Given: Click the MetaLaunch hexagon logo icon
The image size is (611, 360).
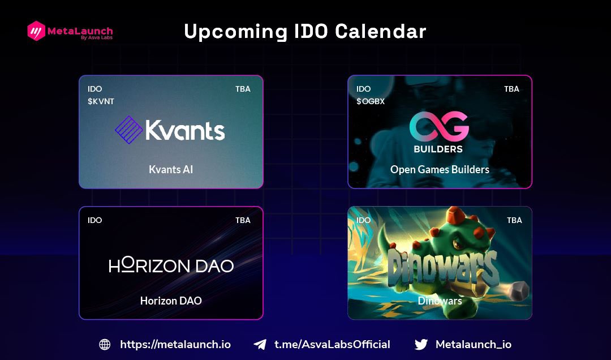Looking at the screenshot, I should point(36,31).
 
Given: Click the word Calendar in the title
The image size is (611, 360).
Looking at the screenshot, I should point(381,32).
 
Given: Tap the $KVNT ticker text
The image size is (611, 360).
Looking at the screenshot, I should point(101,101).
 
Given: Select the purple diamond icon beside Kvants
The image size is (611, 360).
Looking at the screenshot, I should point(128,130).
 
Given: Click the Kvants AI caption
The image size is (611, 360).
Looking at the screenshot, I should point(171,169).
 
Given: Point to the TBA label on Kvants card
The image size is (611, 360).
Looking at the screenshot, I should point(243,89).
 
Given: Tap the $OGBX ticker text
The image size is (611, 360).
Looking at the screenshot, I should point(371,101).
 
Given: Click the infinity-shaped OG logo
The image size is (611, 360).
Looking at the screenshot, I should point(439,126).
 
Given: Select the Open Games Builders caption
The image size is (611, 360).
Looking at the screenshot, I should point(440,169).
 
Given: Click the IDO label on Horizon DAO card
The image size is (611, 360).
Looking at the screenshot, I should point(95,220).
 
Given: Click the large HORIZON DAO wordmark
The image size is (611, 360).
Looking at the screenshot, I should point(171,265).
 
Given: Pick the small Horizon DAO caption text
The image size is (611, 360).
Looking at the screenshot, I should point(171,301).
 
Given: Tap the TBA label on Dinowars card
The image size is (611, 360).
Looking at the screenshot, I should point(514,220).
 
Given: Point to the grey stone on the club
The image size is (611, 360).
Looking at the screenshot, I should point(517,291).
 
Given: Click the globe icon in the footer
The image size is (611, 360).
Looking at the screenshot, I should point(105,344).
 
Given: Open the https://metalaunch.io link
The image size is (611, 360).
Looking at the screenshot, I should point(175,344).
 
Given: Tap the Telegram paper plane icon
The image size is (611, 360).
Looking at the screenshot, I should point(260,344).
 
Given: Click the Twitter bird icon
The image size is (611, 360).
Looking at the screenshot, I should point(421,344).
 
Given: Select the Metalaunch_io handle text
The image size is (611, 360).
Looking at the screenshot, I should point(474,344).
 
